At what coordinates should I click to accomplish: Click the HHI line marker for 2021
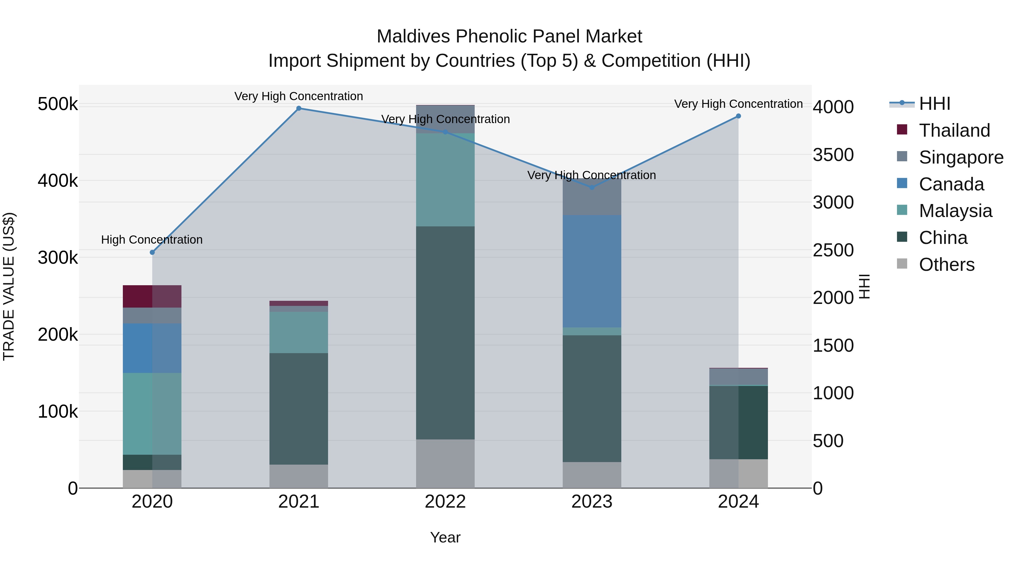[x=299, y=108]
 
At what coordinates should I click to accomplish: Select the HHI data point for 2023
[x=592, y=187]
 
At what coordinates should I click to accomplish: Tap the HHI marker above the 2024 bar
[x=738, y=116]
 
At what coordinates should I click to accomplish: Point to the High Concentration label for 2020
[x=152, y=240]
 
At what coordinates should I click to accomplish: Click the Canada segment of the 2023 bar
[x=592, y=271]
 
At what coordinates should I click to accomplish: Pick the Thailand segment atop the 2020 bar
[x=152, y=296]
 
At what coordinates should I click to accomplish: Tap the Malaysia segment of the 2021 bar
[x=299, y=332]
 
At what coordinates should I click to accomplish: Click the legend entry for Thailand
[x=954, y=130]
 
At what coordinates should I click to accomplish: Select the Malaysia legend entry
[x=955, y=211]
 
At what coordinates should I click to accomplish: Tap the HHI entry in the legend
[x=934, y=104]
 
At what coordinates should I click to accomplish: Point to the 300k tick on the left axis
[x=58, y=258]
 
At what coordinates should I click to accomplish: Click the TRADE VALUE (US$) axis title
[x=9, y=286]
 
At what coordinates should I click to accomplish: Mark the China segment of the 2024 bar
[x=738, y=422]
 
